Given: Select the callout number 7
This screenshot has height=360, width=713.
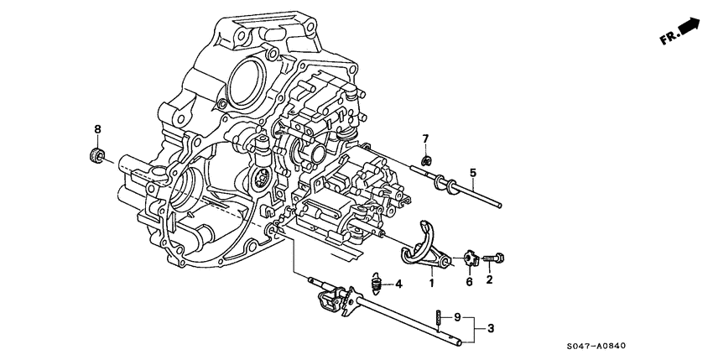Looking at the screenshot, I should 425,138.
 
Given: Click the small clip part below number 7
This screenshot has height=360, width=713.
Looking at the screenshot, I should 426,160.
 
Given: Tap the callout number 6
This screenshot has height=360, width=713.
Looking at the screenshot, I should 470,282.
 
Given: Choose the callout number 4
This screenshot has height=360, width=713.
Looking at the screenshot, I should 398,284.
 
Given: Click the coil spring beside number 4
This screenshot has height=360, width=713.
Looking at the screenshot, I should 377,284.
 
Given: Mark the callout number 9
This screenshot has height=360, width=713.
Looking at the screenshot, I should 457,317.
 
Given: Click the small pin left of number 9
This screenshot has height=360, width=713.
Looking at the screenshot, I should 439,317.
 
